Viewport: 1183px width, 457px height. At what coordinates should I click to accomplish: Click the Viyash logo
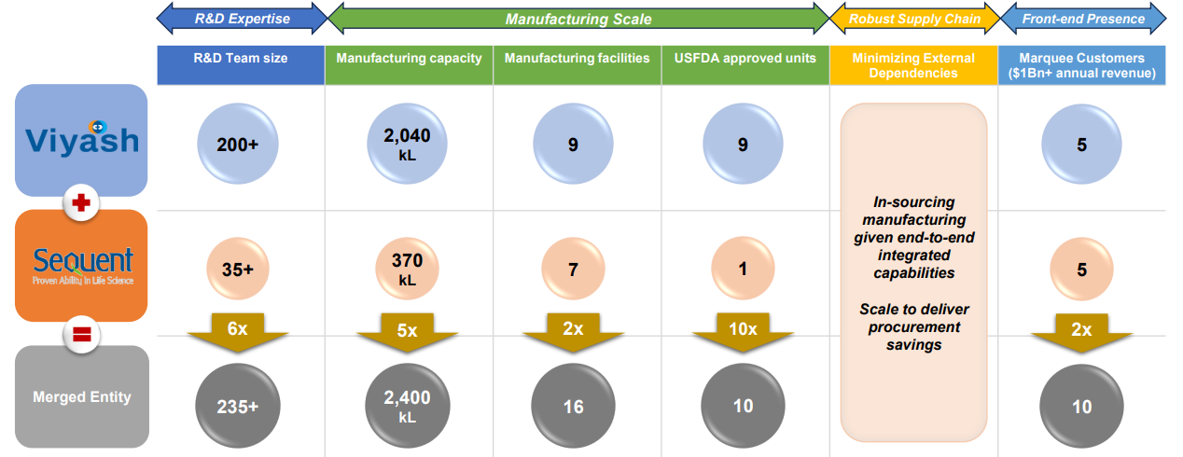(82, 140)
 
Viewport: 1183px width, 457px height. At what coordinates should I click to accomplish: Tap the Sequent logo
(82, 265)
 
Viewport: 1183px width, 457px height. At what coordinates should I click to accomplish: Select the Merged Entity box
(82, 396)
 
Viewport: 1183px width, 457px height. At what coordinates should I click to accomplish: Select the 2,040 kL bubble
(408, 144)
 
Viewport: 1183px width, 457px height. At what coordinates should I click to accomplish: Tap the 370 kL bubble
(408, 270)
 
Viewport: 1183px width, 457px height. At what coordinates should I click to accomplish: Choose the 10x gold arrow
(744, 332)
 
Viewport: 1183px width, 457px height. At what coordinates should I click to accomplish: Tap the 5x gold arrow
(408, 332)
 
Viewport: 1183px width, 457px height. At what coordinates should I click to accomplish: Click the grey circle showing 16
(573, 406)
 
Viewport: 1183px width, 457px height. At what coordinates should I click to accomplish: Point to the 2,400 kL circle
(408, 406)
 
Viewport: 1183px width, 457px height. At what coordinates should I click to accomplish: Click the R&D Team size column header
(241, 58)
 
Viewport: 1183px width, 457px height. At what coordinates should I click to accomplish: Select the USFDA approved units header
(745, 58)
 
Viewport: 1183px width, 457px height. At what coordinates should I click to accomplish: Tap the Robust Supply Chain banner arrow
(914, 19)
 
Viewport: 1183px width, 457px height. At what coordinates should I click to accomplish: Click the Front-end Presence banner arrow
(1083, 19)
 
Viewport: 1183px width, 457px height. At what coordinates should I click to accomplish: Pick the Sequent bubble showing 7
(573, 270)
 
